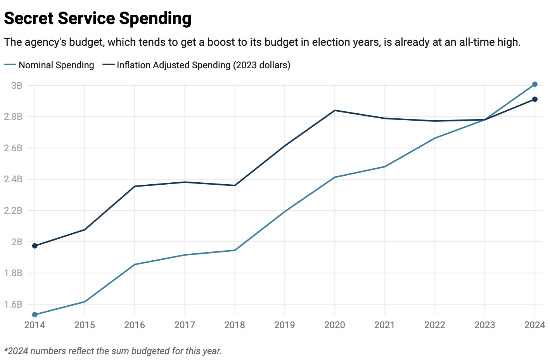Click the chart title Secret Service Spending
click(97, 18)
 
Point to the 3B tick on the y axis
click(17, 85)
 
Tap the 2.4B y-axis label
click(13, 179)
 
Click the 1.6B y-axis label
click(13, 305)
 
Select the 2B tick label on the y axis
click(17, 242)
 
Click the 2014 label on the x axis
click(35, 325)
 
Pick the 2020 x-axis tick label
click(334, 325)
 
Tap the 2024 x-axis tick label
click(534, 325)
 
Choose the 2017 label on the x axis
click(185, 325)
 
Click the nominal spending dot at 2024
click(534, 84)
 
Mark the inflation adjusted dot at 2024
click(534, 99)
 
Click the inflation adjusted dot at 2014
click(35, 246)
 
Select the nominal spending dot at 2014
click(35, 315)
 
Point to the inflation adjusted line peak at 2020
click(335, 111)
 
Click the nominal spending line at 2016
click(135, 265)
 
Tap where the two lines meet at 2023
click(485, 119)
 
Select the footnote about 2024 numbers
click(112, 351)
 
